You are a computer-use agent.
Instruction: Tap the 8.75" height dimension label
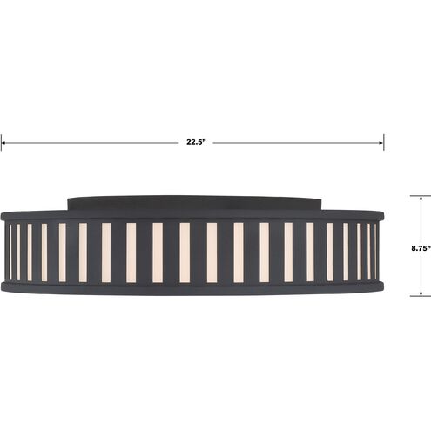[420, 247]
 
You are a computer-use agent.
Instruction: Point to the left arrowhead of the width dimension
[5, 142]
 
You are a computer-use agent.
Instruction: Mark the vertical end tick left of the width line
[2, 142]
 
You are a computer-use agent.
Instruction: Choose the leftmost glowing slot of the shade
[10, 252]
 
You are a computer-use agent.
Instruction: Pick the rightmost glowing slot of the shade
[375, 252]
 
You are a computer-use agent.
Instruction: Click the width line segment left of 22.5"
[87, 142]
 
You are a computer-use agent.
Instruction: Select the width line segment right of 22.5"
[296, 142]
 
